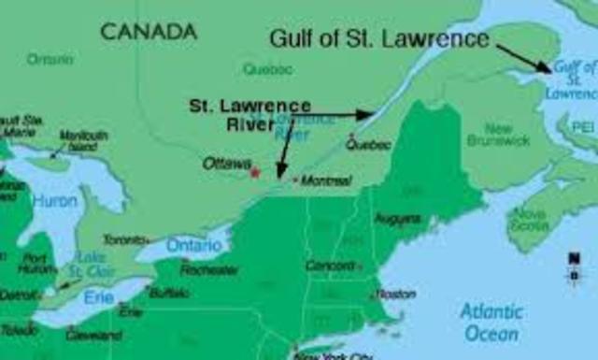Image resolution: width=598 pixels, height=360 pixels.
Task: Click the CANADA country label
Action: click(149, 31)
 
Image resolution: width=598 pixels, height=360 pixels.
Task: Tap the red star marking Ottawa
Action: click(254, 171)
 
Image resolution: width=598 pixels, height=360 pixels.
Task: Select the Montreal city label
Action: click(325, 180)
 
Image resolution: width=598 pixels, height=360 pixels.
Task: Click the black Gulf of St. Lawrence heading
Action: click(379, 39)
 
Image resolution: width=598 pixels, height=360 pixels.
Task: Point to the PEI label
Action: click(583, 124)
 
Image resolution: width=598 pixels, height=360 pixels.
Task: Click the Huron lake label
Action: click(54, 200)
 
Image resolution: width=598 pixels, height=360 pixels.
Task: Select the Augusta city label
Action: click(397, 219)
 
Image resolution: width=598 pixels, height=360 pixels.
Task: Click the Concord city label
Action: click(330, 265)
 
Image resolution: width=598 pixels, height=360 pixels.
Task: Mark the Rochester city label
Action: click(208, 269)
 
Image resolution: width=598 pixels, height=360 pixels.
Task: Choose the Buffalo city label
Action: click(168, 293)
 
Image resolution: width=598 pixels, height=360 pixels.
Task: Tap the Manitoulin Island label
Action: click(83, 141)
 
